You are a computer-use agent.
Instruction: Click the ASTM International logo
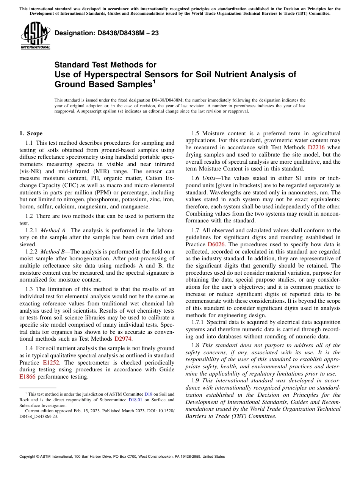pos(35,35)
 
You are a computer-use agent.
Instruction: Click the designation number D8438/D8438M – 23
pos(106,33)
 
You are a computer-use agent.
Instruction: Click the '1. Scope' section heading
pos(31,133)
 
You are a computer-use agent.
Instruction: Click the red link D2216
pos(316,147)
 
